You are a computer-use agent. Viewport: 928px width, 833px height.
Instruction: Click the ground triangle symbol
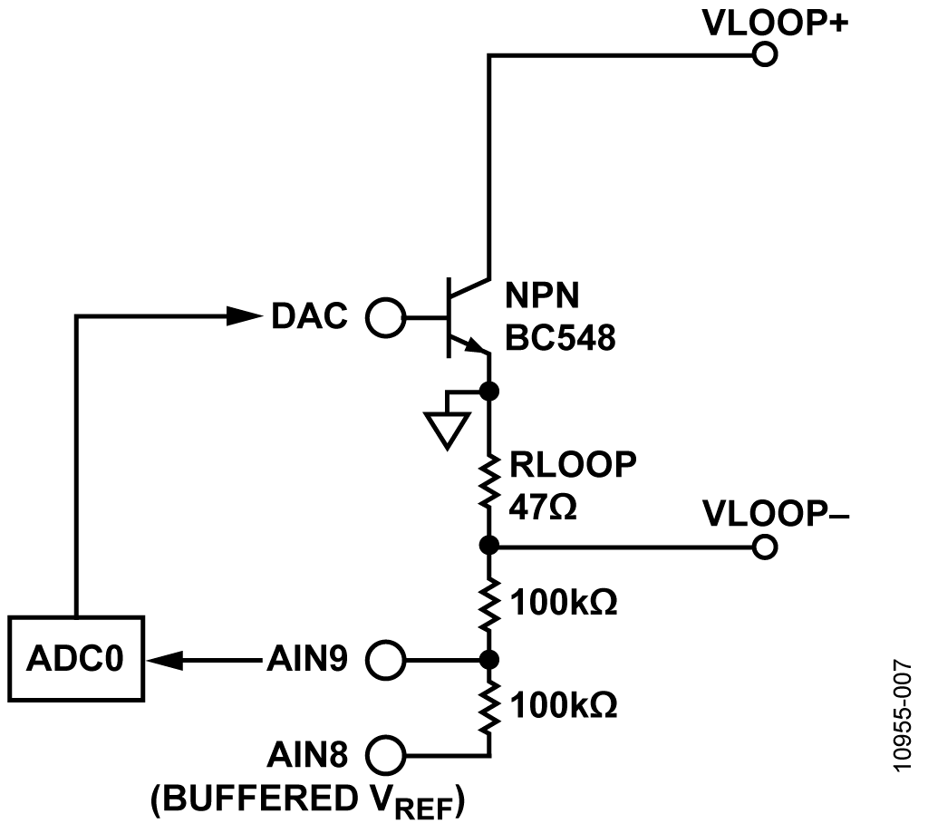[x=448, y=431]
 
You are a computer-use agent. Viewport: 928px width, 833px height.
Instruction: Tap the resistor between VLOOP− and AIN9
[x=488, y=604]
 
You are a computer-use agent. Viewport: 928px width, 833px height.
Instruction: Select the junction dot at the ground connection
[x=488, y=392]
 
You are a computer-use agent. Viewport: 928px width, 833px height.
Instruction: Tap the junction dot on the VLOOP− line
[x=488, y=545]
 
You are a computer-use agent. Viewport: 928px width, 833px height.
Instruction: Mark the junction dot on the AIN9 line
[x=488, y=659]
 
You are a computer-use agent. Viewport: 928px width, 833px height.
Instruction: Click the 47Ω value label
[x=543, y=508]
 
